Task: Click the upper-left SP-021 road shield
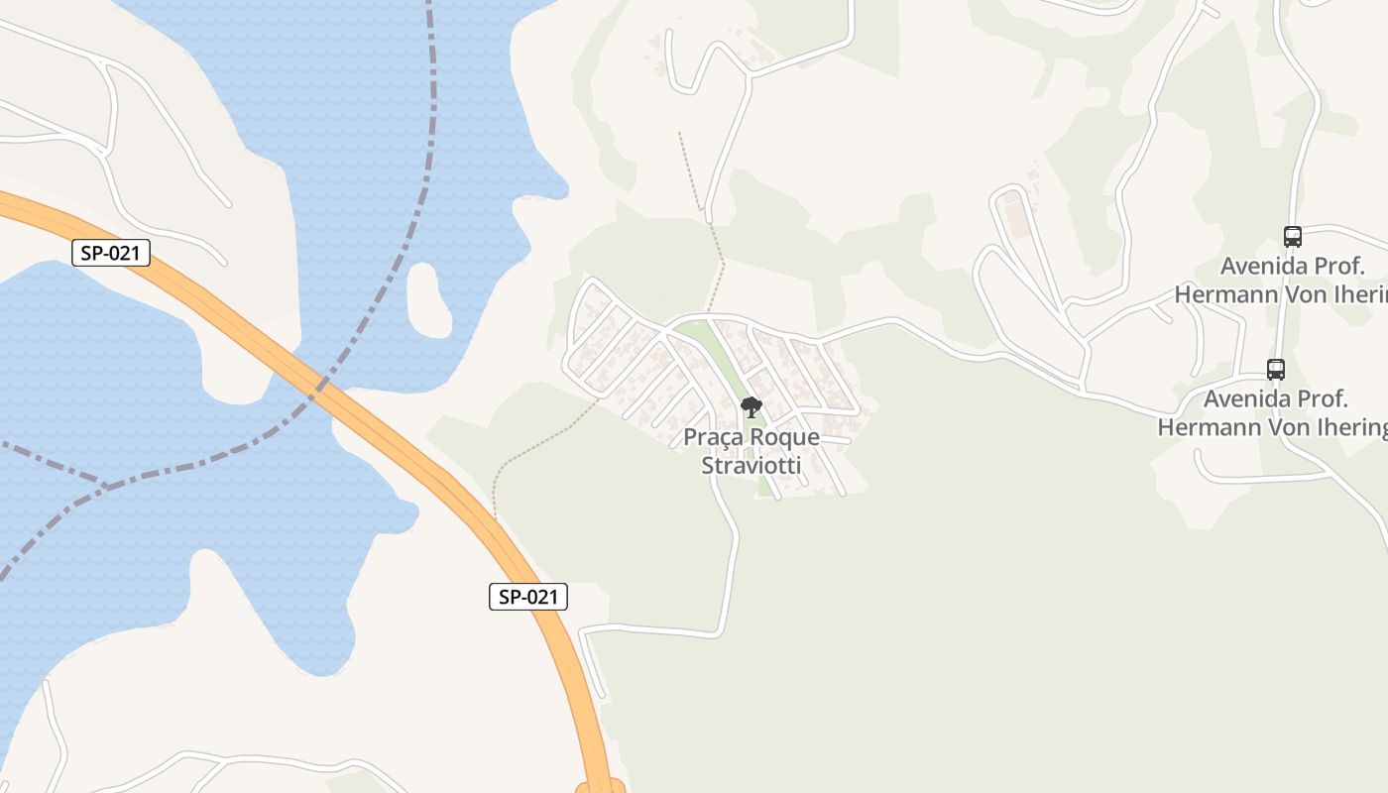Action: pos(111,253)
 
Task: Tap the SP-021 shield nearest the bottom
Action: pos(528,597)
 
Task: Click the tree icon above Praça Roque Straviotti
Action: pos(752,406)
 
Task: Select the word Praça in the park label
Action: pos(712,437)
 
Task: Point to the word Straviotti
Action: pos(751,465)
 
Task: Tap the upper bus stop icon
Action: pos(1292,237)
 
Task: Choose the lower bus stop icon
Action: pos(1276,370)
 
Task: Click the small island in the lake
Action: pos(429,299)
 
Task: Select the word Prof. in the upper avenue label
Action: pos(1341,266)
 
